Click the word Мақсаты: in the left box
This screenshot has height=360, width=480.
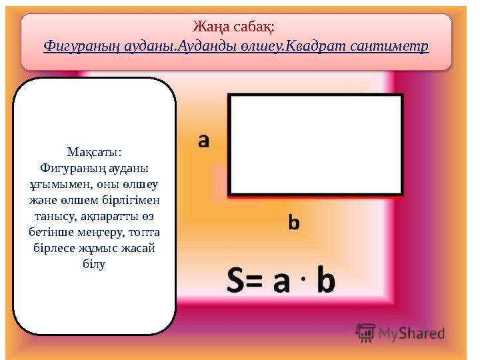click(94, 152)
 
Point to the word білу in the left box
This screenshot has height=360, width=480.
click(94, 264)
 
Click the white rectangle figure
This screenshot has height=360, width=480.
click(315, 144)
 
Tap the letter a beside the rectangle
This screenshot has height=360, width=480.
click(204, 141)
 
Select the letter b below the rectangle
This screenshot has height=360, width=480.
click(293, 222)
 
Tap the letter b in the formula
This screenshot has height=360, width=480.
click(325, 281)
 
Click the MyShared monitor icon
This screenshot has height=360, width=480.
click(365, 331)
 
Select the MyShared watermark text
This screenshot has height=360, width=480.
click(412, 332)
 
